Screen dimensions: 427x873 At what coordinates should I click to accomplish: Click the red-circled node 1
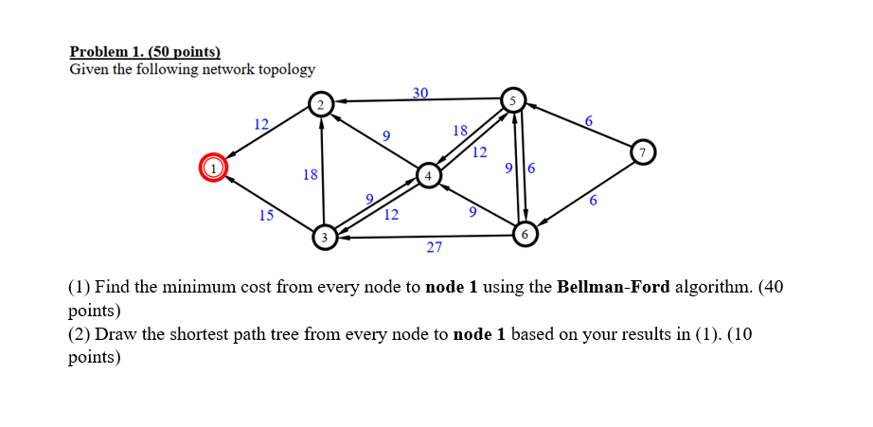click(x=213, y=168)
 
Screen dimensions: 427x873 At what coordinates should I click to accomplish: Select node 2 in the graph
click(x=320, y=104)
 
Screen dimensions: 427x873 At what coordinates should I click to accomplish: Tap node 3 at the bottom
click(x=325, y=237)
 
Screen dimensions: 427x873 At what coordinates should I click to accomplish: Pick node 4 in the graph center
click(x=428, y=175)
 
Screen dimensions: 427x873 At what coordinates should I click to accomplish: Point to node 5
click(x=513, y=98)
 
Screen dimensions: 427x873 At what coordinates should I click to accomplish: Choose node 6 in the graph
click(x=525, y=233)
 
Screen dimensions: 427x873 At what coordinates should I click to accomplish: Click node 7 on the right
click(x=643, y=151)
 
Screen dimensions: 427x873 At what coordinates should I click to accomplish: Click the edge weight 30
click(x=420, y=92)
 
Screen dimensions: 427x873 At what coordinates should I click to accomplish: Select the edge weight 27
click(x=434, y=248)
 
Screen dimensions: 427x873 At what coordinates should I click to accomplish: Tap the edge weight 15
click(x=267, y=216)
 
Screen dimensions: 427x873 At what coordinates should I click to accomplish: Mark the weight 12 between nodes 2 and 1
click(x=261, y=124)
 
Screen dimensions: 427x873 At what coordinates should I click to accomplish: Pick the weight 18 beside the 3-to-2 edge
click(x=310, y=174)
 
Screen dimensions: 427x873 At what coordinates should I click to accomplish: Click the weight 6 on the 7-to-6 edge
click(x=593, y=201)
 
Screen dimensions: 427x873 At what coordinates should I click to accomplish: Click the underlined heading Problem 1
click(x=145, y=52)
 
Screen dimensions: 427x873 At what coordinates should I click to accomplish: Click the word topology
click(x=282, y=70)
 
